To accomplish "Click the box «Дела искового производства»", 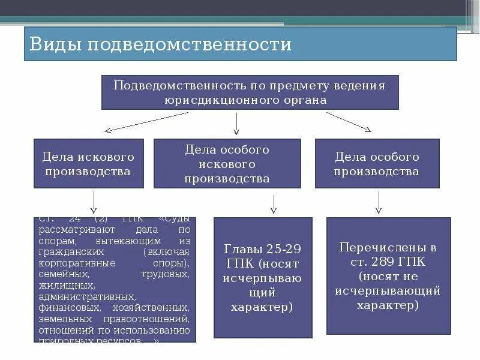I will point(89,164).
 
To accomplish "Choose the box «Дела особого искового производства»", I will point(227,164).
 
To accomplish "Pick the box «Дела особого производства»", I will point(377,164).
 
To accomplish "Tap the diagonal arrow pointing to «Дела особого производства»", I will point(349,122).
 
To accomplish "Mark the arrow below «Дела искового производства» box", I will point(94,202).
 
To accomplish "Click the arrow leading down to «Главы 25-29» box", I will point(274,203).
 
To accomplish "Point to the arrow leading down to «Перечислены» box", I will point(379,202).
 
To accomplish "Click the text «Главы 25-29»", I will point(262,249).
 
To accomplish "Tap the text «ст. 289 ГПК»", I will point(388,262).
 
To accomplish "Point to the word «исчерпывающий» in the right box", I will point(388,290).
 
